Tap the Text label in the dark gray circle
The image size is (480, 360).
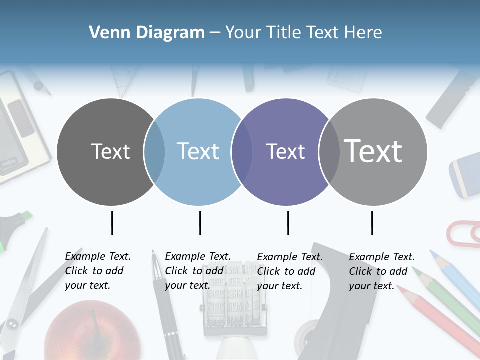click(110, 151)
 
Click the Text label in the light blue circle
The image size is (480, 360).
click(198, 151)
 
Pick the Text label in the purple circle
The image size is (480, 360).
click(285, 151)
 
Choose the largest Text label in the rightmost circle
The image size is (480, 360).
click(373, 151)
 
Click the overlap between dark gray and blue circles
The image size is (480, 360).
click(154, 152)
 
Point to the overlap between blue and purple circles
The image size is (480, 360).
click(241, 152)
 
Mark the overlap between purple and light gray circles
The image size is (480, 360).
click(329, 152)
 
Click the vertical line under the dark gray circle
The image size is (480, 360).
click(112, 223)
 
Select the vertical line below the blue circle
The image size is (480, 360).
click(200, 223)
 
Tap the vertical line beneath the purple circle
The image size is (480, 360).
click(288, 223)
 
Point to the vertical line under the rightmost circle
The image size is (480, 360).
click(372, 223)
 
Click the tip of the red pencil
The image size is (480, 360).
click(400, 288)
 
